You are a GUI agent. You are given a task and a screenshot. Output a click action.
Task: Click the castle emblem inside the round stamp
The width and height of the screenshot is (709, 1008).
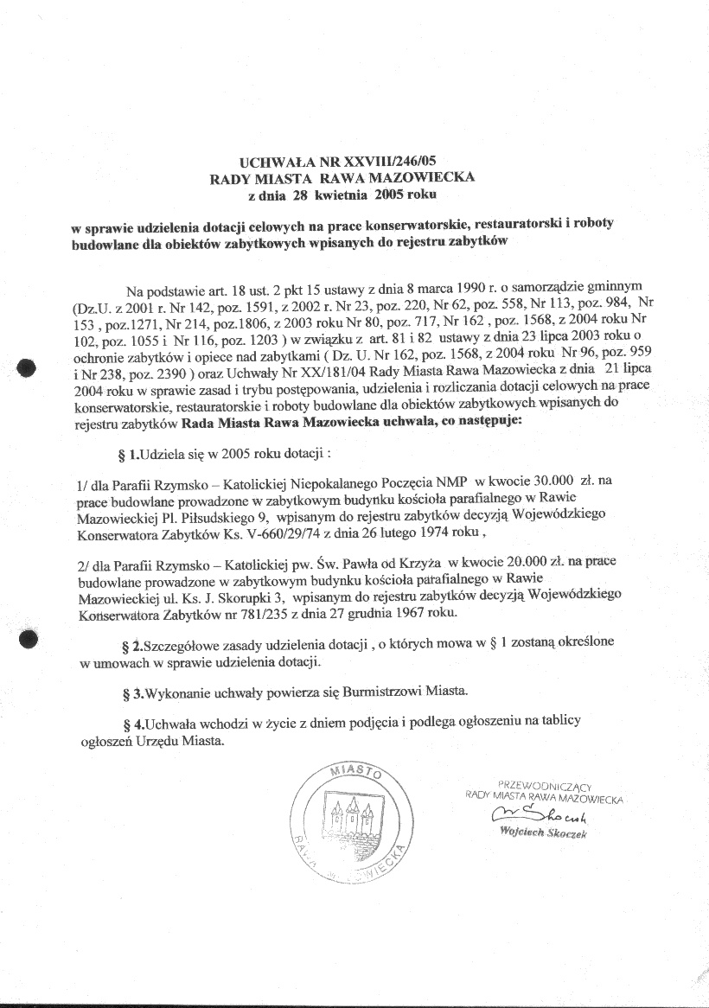[352, 819]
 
